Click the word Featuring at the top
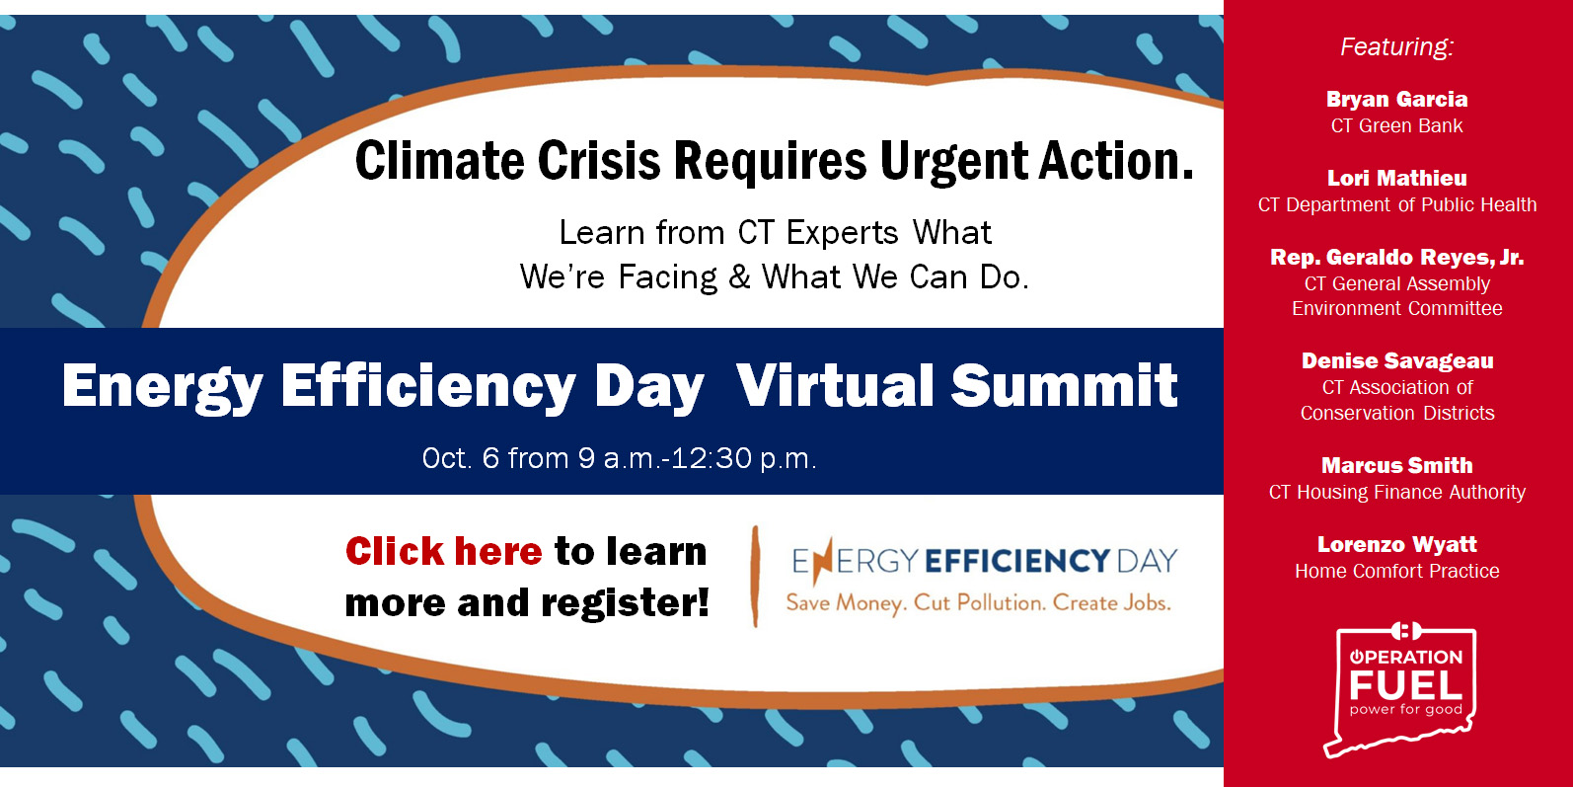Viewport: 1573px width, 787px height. pos(1396,47)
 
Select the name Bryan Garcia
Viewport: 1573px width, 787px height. pos(1396,100)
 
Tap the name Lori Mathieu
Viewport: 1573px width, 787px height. pos(1396,179)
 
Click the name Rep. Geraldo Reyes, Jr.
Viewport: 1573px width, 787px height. pos(1396,257)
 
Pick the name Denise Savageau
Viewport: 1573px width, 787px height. pos(1397,361)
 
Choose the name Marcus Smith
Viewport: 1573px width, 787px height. pos(1396,465)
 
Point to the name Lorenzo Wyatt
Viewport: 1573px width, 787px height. pos(1396,544)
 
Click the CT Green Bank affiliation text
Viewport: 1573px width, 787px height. pos(1396,125)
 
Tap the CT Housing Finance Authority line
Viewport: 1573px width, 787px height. pos(1396,492)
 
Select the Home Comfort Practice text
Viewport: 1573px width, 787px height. pos(1396,571)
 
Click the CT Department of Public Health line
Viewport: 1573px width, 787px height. pos(1396,204)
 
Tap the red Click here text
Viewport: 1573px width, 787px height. pos(444,551)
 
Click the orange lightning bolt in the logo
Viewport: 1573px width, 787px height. pos(823,561)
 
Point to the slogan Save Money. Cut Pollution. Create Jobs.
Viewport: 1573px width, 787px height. pos(978,603)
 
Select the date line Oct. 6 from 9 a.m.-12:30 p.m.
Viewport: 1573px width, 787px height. pos(619,458)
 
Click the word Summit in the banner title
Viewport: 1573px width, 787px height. pos(1064,385)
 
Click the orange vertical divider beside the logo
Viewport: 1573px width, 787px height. pos(755,577)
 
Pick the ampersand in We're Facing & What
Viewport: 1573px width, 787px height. pos(739,276)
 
